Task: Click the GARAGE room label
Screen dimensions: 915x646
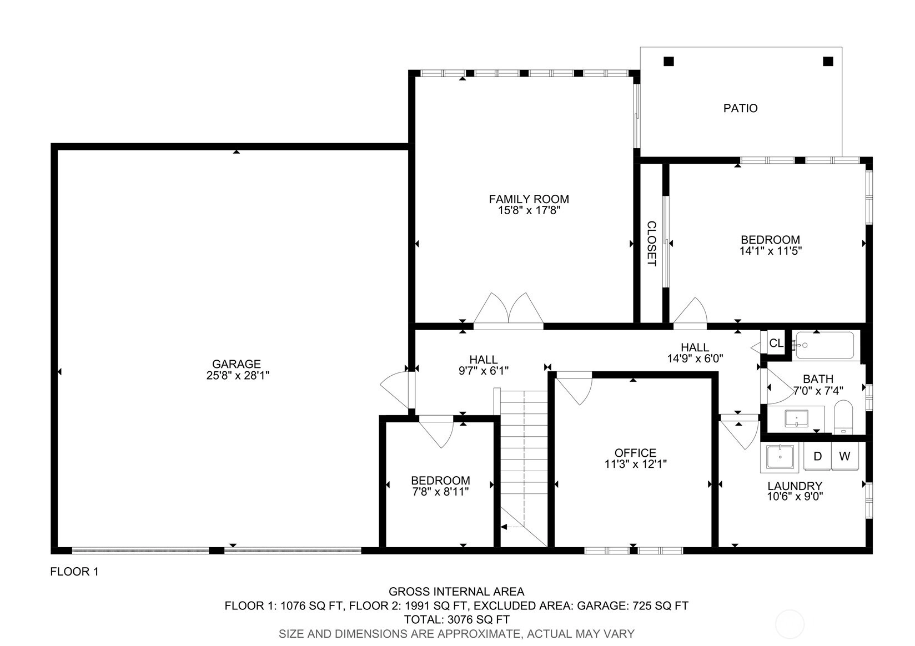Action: click(236, 364)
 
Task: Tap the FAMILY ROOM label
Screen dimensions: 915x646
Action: click(529, 199)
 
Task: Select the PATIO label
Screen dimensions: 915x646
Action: click(740, 108)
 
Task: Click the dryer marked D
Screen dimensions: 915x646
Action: click(817, 456)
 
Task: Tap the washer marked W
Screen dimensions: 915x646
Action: click(844, 456)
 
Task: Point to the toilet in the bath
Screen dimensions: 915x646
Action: click(843, 417)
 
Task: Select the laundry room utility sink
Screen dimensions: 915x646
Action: click(780, 457)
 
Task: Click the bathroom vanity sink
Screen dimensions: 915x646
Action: click(796, 418)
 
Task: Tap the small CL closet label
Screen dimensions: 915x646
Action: click(776, 343)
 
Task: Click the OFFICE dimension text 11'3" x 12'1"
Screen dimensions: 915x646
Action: click(636, 463)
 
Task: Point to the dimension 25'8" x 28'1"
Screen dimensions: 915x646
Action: click(237, 375)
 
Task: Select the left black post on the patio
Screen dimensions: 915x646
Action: click(668, 61)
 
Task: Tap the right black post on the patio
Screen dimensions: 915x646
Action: click(828, 61)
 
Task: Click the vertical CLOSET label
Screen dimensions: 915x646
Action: click(651, 244)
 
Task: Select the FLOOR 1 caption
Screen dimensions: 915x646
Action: click(74, 571)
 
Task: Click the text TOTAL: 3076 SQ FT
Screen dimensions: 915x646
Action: click(457, 619)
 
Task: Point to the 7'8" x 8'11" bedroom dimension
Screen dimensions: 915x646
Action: click(440, 491)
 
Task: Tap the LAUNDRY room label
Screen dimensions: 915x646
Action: click(795, 486)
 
